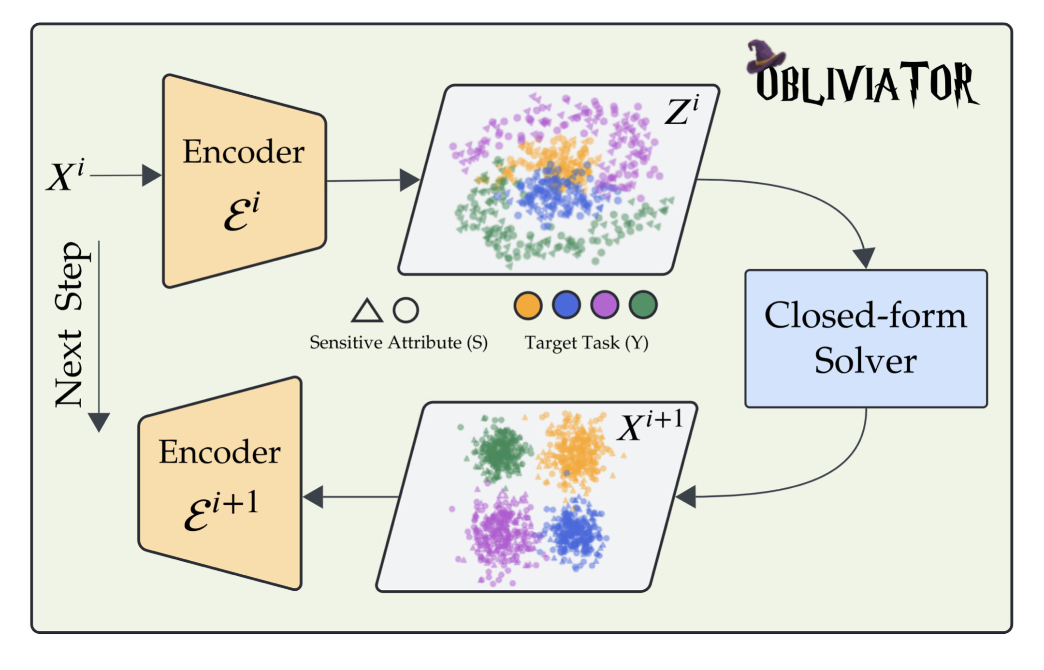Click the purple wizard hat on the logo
point(764,56)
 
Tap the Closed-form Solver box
point(866,338)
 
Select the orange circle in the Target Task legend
point(528,306)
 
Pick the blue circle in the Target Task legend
point(566,305)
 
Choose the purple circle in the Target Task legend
point(605,305)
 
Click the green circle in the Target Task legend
point(643,305)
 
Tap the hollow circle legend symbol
point(406,310)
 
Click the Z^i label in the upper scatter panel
point(682,110)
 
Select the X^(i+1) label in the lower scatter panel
point(650,425)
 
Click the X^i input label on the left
point(66,175)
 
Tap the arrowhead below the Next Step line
point(99,422)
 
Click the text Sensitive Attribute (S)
point(399,343)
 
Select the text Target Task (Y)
point(586,343)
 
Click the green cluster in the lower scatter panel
point(500,450)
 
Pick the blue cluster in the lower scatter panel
point(575,532)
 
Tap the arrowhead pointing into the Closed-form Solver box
point(864,258)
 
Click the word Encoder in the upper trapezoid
point(244,152)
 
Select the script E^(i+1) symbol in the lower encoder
point(221,510)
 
